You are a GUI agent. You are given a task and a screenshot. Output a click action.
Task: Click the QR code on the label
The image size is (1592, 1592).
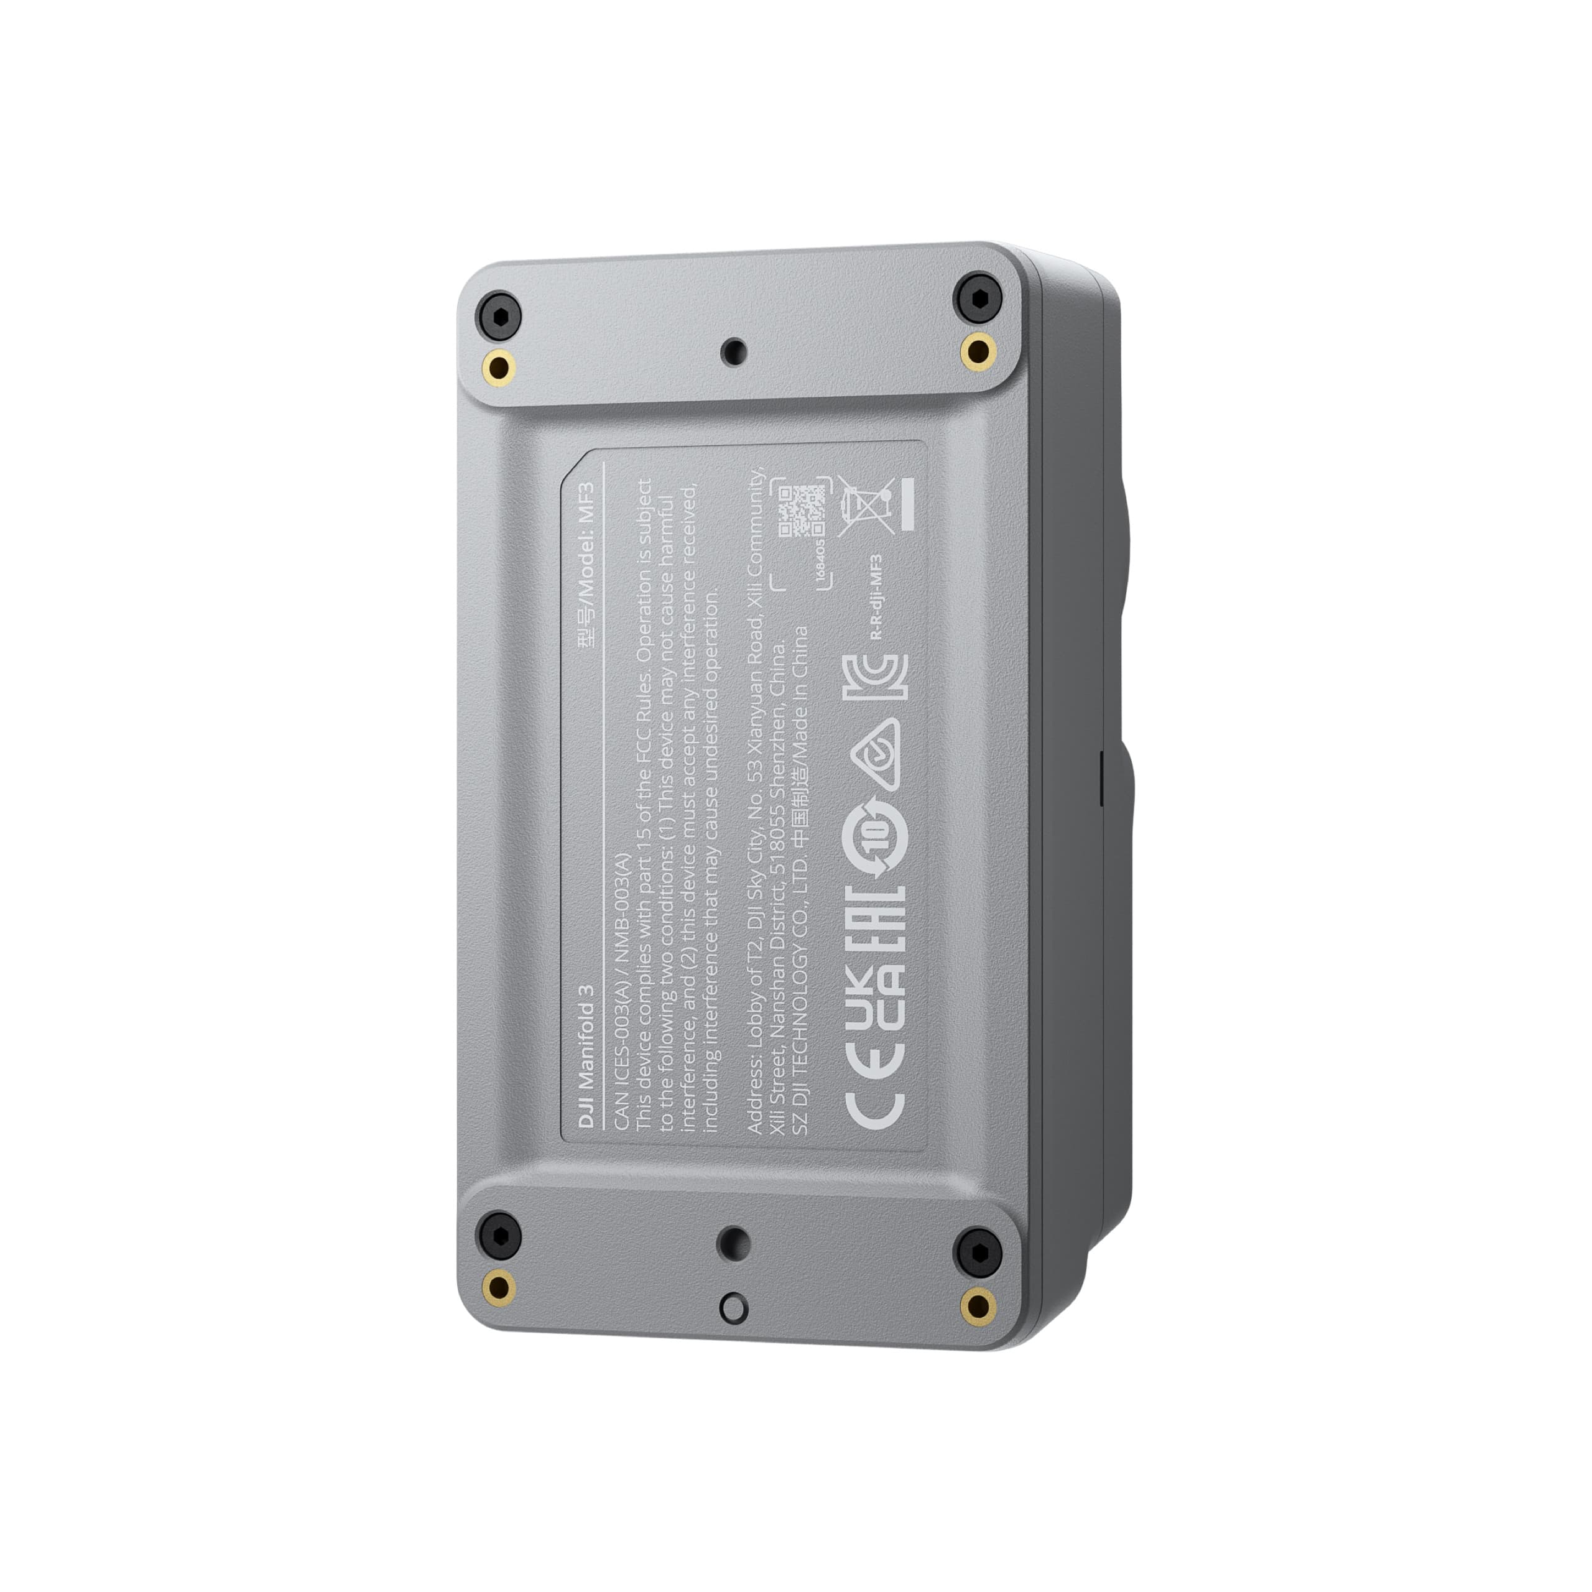[801, 512]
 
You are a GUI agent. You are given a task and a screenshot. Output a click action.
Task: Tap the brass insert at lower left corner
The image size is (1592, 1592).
[499, 1285]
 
